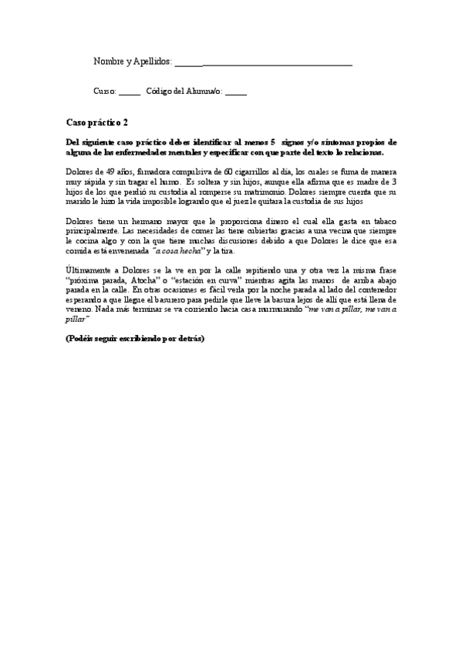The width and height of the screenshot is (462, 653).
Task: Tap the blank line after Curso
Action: coord(130,92)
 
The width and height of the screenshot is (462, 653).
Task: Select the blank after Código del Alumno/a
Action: coord(236,92)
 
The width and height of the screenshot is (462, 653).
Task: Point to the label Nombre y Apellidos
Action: coord(132,61)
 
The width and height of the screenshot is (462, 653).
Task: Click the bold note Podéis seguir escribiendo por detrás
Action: coord(135,338)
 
